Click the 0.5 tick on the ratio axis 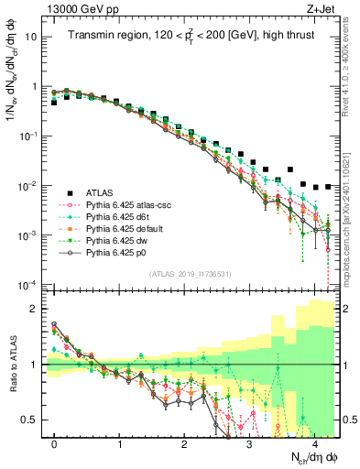[x=34, y=420]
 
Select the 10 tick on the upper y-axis [x=34, y=38]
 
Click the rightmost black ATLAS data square [x=327, y=186]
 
